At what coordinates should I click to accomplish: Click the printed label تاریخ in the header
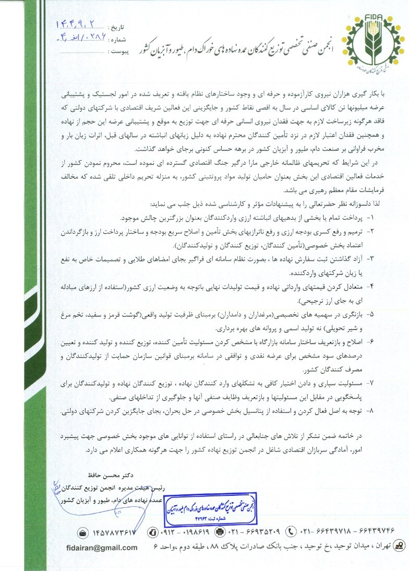click(x=116, y=27)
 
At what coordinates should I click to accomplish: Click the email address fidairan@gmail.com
click(x=102, y=548)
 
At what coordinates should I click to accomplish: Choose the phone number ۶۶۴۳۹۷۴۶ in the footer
click(x=371, y=532)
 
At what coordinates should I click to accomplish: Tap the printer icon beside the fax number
click(x=220, y=532)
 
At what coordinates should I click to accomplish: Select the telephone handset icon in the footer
click(x=291, y=532)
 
